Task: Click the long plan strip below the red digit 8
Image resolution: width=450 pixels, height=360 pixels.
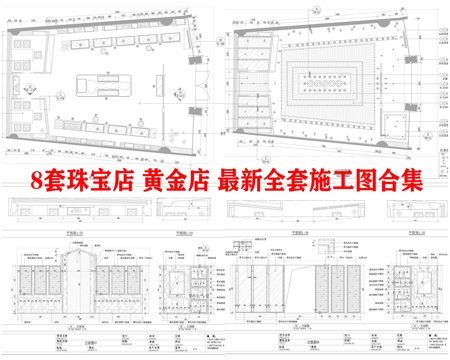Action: click(60, 211)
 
